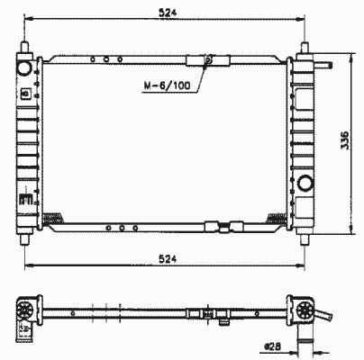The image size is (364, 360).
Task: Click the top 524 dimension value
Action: tap(168, 13)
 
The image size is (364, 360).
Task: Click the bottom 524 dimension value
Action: tap(168, 258)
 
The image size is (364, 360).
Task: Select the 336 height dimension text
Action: tap(345, 140)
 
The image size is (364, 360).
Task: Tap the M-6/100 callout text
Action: tap(167, 85)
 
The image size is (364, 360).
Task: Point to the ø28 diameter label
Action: tap(272, 346)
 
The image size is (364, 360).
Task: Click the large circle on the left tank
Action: tap(24, 68)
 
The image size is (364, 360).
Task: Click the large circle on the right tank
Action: tap(305, 183)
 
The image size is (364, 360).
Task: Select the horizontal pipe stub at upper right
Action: tap(323, 65)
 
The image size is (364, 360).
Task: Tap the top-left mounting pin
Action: tap(24, 48)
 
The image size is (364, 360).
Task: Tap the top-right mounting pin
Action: tap(305, 48)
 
